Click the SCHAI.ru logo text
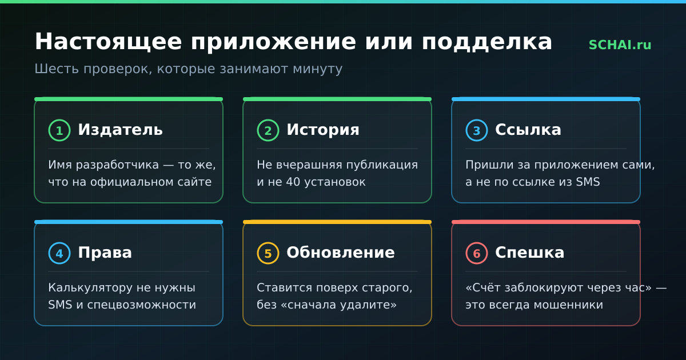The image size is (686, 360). click(x=620, y=45)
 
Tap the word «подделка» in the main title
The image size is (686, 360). click(x=487, y=42)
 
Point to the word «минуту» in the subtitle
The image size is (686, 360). click(x=318, y=69)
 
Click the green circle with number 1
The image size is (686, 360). click(x=59, y=130)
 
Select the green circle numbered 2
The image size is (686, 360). click(x=268, y=130)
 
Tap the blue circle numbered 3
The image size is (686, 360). click(x=477, y=130)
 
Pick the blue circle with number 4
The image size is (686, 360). click(x=59, y=253)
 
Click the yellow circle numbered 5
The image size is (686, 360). click(x=268, y=253)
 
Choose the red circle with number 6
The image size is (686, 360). click(x=477, y=253)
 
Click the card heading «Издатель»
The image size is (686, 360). click(x=121, y=130)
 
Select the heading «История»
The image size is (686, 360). click(x=323, y=130)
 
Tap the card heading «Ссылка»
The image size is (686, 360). click(x=528, y=130)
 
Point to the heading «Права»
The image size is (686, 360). click(x=105, y=253)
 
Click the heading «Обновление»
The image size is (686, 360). click(x=341, y=253)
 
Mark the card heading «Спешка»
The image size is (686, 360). click(x=530, y=253)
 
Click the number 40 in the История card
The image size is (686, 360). click(x=293, y=182)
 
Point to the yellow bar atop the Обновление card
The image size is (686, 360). click(x=337, y=222)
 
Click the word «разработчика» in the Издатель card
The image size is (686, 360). click(x=117, y=165)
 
